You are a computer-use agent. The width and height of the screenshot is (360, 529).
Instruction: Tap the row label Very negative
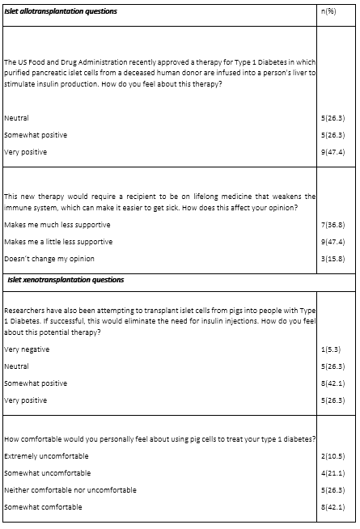click(27, 349)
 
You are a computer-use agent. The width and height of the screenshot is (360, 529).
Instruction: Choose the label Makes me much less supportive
click(57, 225)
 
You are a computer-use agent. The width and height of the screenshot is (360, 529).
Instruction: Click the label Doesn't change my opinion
click(49, 259)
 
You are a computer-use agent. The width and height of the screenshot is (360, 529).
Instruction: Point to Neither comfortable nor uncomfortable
click(70, 490)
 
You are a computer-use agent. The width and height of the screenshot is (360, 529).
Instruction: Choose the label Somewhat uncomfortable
click(47, 473)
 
